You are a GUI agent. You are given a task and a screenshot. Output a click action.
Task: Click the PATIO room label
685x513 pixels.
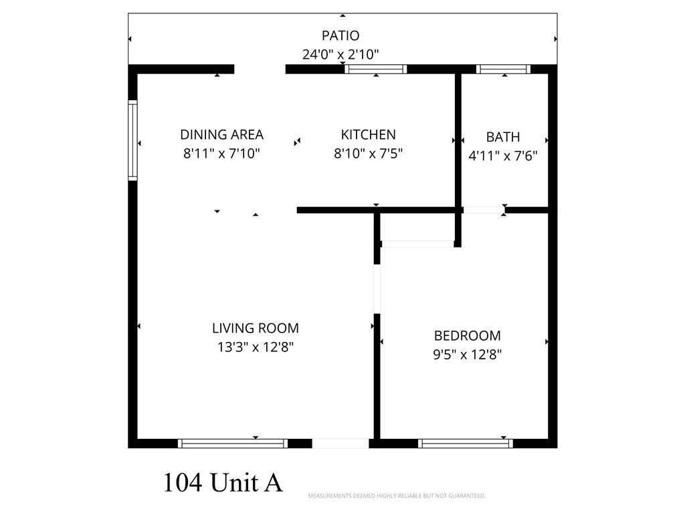pos(340,35)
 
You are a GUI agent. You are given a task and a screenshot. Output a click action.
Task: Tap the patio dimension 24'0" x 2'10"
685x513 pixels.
pos(340,54)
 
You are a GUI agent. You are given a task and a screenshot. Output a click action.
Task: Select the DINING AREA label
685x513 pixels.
pos(221,135)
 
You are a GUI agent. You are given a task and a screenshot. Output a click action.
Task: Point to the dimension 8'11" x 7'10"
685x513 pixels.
pos(221,154)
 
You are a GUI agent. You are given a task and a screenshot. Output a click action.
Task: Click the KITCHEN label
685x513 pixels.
pos(368,135)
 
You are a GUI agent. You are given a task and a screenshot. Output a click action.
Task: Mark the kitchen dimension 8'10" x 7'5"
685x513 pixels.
pos(368,154)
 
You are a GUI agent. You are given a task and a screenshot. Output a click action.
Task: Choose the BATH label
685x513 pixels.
pos(503,137)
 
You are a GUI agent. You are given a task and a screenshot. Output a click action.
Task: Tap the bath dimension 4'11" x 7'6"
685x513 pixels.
pos(503,156)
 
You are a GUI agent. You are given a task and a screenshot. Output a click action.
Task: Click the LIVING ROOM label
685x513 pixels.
pos(255,328)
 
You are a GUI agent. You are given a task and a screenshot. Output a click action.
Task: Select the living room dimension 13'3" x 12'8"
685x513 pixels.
pos(255,347)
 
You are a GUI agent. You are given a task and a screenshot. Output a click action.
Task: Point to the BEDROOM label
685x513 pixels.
pos(467,335)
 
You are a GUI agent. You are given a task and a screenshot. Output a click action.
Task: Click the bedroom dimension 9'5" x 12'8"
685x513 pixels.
pos(467,355)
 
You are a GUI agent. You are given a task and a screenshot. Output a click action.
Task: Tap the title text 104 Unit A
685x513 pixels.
pos(223,482)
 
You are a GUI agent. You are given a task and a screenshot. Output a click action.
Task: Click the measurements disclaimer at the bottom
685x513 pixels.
pos(396,496)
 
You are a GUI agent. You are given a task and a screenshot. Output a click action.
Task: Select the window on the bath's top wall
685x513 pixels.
pos(503,69)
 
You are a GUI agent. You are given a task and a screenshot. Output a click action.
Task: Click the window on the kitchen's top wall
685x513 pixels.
pos(375,69)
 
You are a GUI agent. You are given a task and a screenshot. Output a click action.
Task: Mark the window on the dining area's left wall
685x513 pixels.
pos(132,140)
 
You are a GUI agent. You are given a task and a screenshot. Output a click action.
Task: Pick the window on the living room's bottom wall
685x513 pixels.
pos(233,443)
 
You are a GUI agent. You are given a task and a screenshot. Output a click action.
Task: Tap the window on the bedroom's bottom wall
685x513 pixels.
pos(466,443)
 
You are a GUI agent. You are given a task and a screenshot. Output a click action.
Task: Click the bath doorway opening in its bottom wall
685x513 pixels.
pos(484,210)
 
